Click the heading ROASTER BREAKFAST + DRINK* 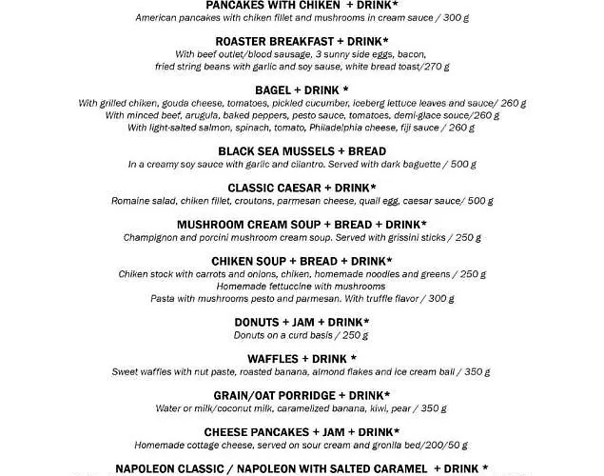tap(302, 41)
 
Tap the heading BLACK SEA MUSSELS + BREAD tap(302, 151)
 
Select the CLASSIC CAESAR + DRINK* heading tap(302, 188)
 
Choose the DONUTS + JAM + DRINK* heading tap(302, 323)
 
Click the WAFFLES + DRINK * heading tap(302, 359)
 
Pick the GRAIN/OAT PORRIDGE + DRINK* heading tap(302, 395)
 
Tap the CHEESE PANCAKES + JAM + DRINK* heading tap(302, 432)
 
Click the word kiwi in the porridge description tap(376, 408)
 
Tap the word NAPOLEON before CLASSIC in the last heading tap(155, 468)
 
